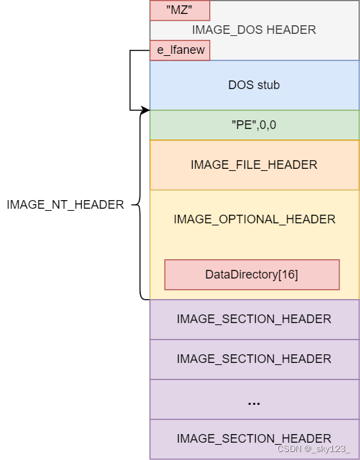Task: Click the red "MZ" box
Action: (179, 10)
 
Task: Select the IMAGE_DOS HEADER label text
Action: (254, 30)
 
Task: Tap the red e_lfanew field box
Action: (180, 51)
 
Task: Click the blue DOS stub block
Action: (254, 85)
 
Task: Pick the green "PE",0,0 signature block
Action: (254, 125)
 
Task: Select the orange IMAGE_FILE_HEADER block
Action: (254, 165)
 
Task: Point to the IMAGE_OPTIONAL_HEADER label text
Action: (254, 219)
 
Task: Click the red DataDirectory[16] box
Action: (252, 275)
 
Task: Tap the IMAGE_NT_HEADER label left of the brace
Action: (65, 205)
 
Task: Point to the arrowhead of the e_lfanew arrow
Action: (146, 110)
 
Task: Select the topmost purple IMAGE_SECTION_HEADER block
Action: (254, 319)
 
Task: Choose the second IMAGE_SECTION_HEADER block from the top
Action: (254, 359)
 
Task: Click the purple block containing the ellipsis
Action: (254, 400)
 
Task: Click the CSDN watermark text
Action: (313, 449)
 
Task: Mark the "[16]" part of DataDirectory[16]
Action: (288, 275)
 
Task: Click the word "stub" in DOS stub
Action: (268, 85)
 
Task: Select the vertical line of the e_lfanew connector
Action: (130, 80)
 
